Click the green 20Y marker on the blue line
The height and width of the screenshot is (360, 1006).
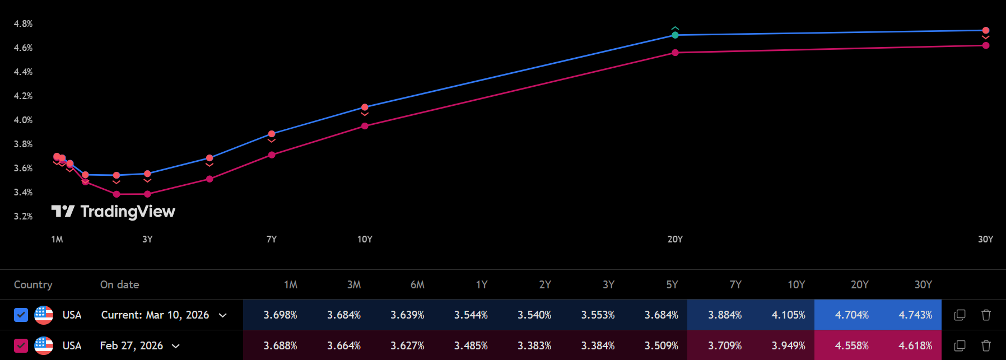click(675, 35)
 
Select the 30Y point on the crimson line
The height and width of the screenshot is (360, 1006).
click(985, 45)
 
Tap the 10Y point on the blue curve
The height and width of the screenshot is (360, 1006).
click(365, 107)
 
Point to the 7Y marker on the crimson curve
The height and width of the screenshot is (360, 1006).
click(272, 155)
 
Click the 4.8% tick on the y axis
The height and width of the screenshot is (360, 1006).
click(23, 24)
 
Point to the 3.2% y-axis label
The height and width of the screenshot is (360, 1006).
click(23, 216)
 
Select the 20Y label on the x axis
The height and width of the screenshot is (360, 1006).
click(675, 239)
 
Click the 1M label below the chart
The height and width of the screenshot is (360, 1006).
click(57, 239)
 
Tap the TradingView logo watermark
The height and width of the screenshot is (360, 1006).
click(113, 211)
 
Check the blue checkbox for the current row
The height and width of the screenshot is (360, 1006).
click(21, 315)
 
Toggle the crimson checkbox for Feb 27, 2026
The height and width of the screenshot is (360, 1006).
click(21, 345)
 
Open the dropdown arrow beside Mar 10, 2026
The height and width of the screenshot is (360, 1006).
click(223, 315)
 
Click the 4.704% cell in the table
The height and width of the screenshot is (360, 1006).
click(851, 315)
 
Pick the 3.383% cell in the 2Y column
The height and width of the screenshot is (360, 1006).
click(534, 345)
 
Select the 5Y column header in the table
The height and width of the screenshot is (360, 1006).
click(672, 284)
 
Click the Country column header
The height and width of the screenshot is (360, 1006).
click(33, 284)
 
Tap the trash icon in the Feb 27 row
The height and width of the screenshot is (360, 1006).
click(986, 345)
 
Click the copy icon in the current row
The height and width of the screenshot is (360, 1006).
click(960, 315)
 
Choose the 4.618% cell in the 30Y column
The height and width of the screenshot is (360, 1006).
click(915, 345)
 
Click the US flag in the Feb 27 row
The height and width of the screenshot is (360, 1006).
click(44, 345)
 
